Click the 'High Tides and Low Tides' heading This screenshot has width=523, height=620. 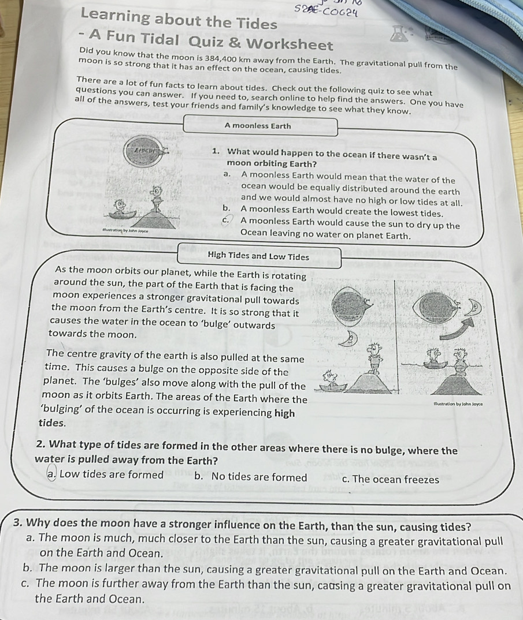point(258,256)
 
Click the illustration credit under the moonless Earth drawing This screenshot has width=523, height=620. point(126,231)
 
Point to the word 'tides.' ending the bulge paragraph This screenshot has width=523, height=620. point(51,422)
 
